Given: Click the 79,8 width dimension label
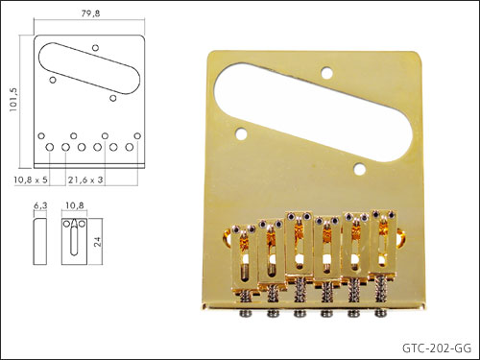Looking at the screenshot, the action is click(x=90, y=13).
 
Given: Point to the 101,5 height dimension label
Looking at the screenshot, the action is click(x=13, y=100).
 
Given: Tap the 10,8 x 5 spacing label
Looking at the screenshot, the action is click(x=31, y=180).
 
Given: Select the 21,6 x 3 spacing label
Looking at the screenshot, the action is click(x=85, y=180).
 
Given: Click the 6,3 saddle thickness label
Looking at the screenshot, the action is click(x=40, y=205).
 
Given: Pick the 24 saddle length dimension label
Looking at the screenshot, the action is click(x=97, y=241).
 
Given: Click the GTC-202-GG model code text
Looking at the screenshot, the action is click(x=437, y=348).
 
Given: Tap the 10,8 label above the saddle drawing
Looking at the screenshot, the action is click(x=75, y=205).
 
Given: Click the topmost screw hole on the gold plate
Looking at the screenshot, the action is click(x=326, y=73).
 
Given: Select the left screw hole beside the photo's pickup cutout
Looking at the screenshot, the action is click(x=241, y=133).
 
